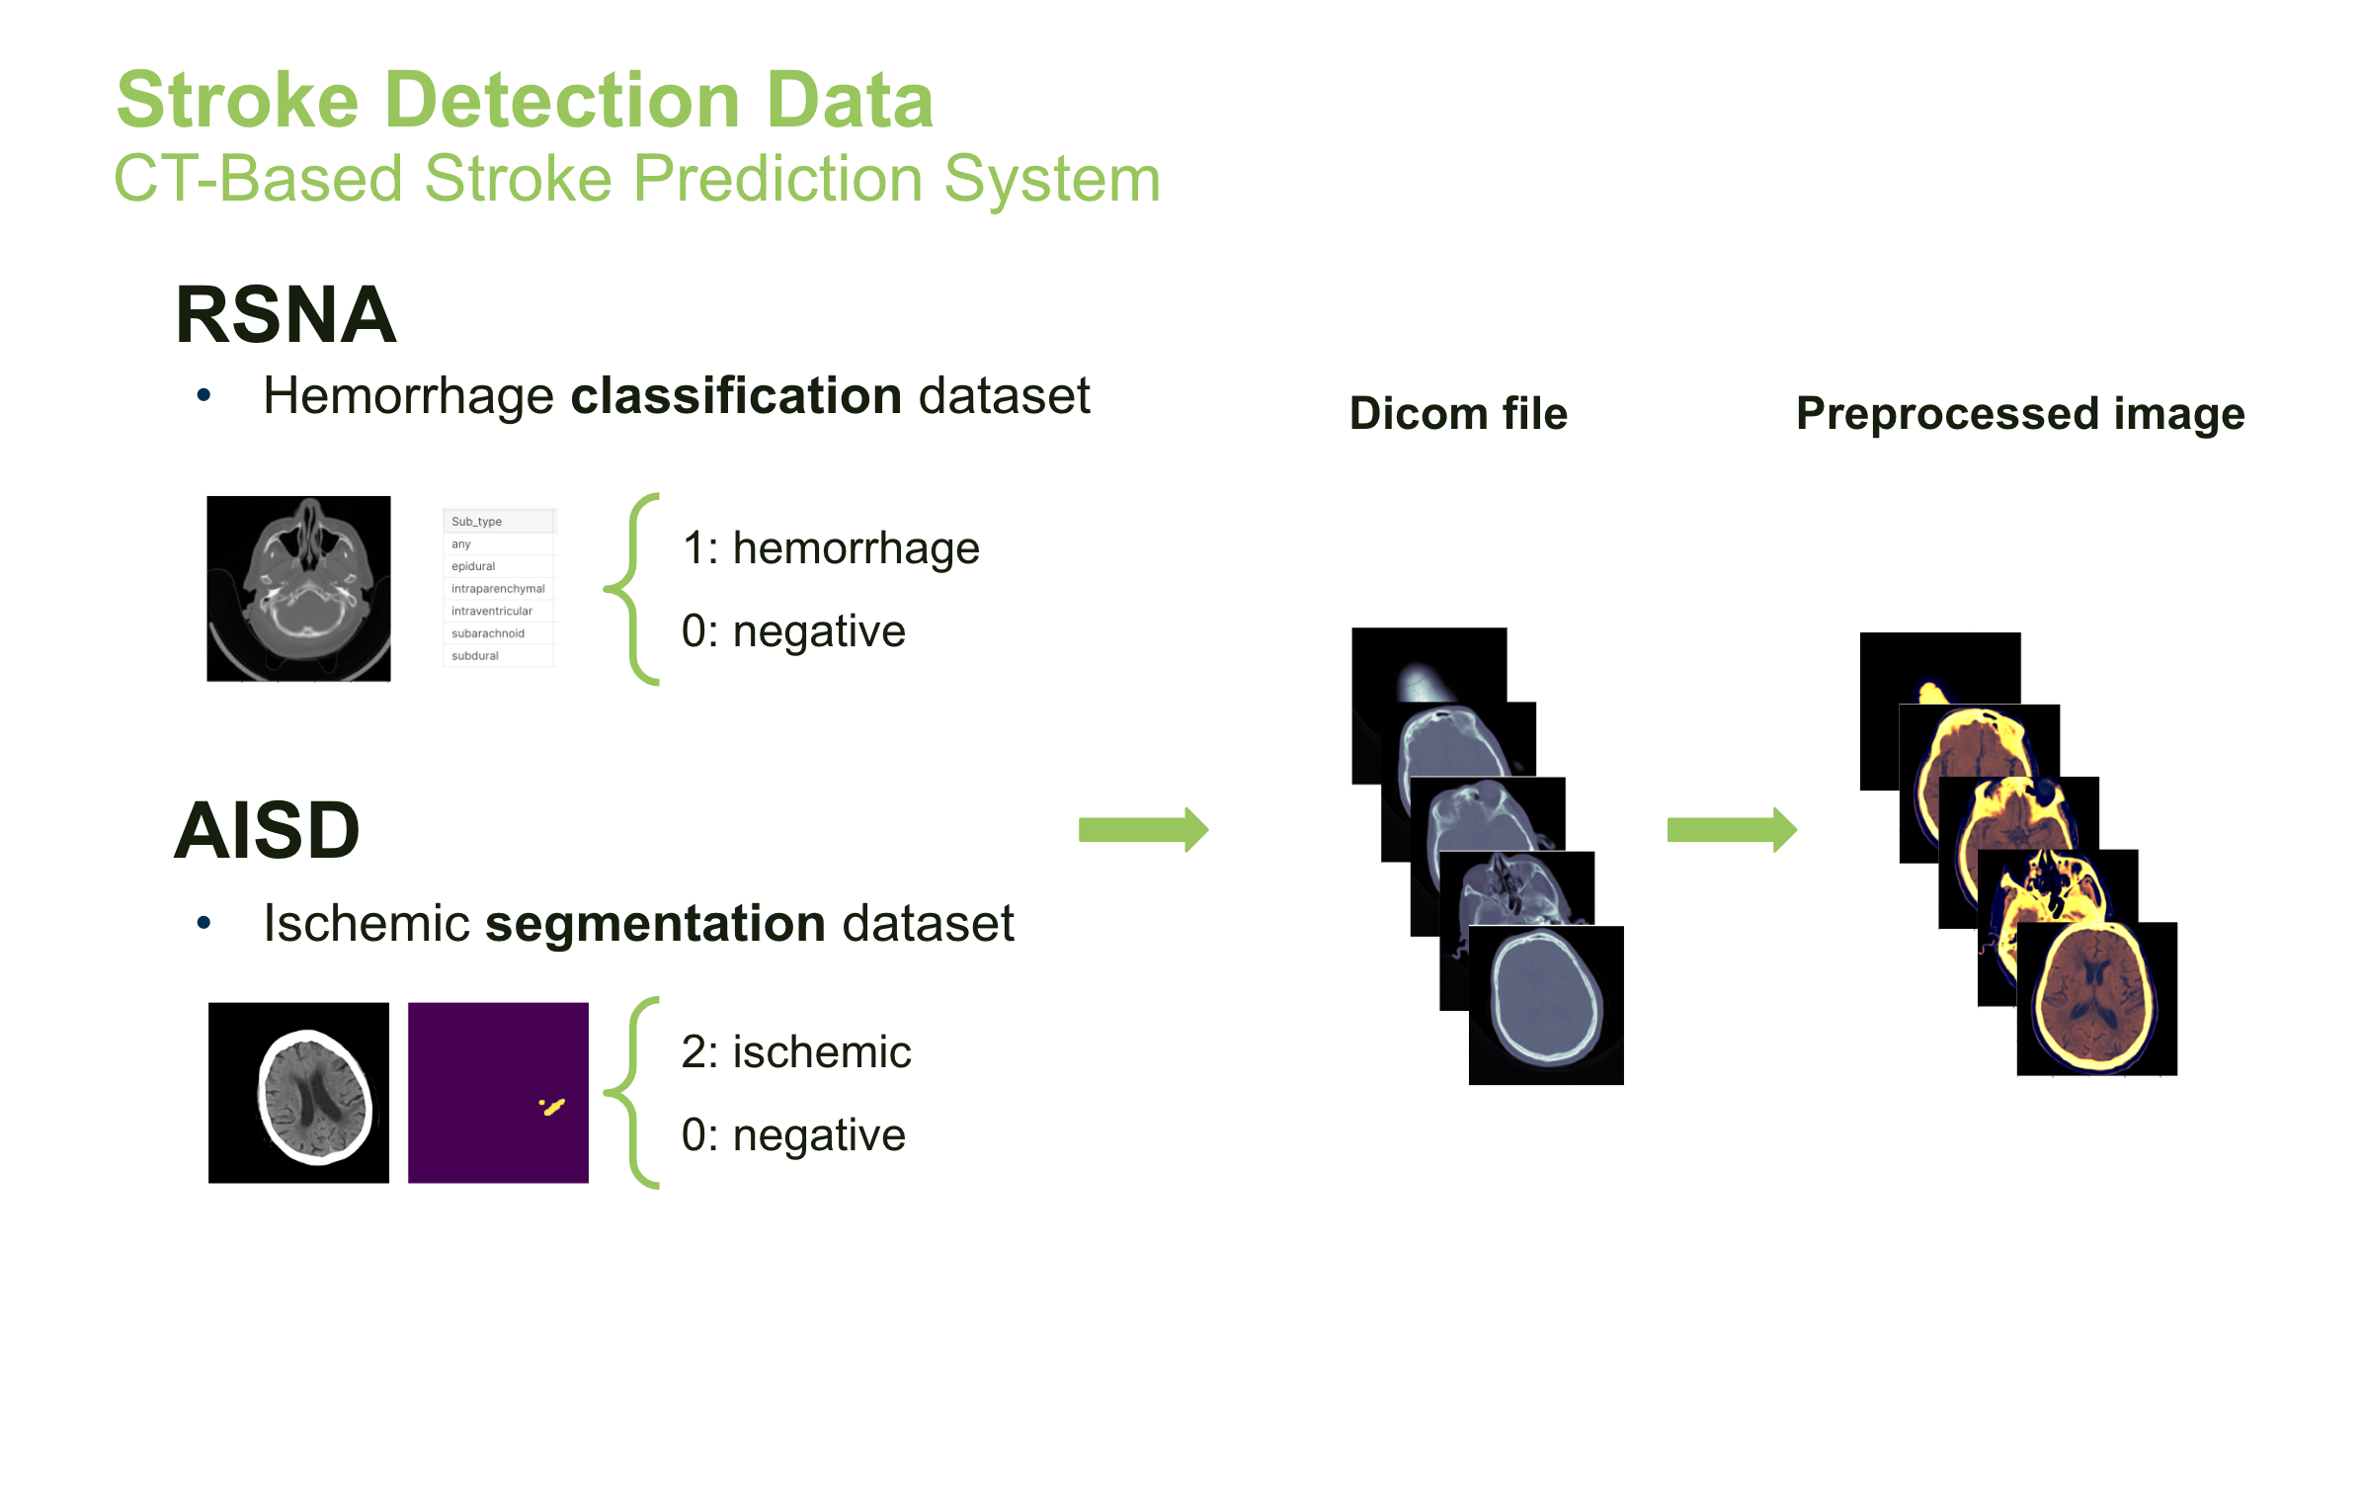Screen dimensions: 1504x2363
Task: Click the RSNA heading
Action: click(285, 315)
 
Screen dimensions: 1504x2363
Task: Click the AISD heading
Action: click(267, 830)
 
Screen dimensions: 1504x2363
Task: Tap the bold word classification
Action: click(736, 396)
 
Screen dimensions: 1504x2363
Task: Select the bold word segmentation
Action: click(655, 924)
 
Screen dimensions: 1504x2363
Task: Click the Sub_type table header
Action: click(477, 521)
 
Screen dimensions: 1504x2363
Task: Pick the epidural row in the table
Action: click(473, 566)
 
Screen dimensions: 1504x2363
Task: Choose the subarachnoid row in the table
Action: click(488, 633)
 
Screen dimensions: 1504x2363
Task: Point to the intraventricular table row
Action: click(491, 611)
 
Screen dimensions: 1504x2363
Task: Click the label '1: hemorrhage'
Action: click(830, 548)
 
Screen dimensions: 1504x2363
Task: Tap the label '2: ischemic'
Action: click(795, 1052)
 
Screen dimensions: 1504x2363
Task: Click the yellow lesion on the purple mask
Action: click(553, 1107)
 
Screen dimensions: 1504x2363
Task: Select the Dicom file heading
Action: click(1458, 414)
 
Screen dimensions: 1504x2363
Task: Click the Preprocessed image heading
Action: click(2020, 414)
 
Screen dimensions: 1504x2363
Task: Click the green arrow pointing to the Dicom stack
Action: click(1143, 830)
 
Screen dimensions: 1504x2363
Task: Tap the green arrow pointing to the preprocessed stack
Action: click(1731, 830)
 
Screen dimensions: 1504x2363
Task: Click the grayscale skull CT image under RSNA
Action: click(298, 589)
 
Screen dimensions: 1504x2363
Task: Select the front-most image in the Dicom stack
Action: click(1546, 1005)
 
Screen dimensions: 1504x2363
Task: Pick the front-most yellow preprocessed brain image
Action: click(2096, 999)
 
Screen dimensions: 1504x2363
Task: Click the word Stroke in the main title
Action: click(237, 101)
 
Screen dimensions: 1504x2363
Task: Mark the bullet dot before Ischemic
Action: click(204, 923)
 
